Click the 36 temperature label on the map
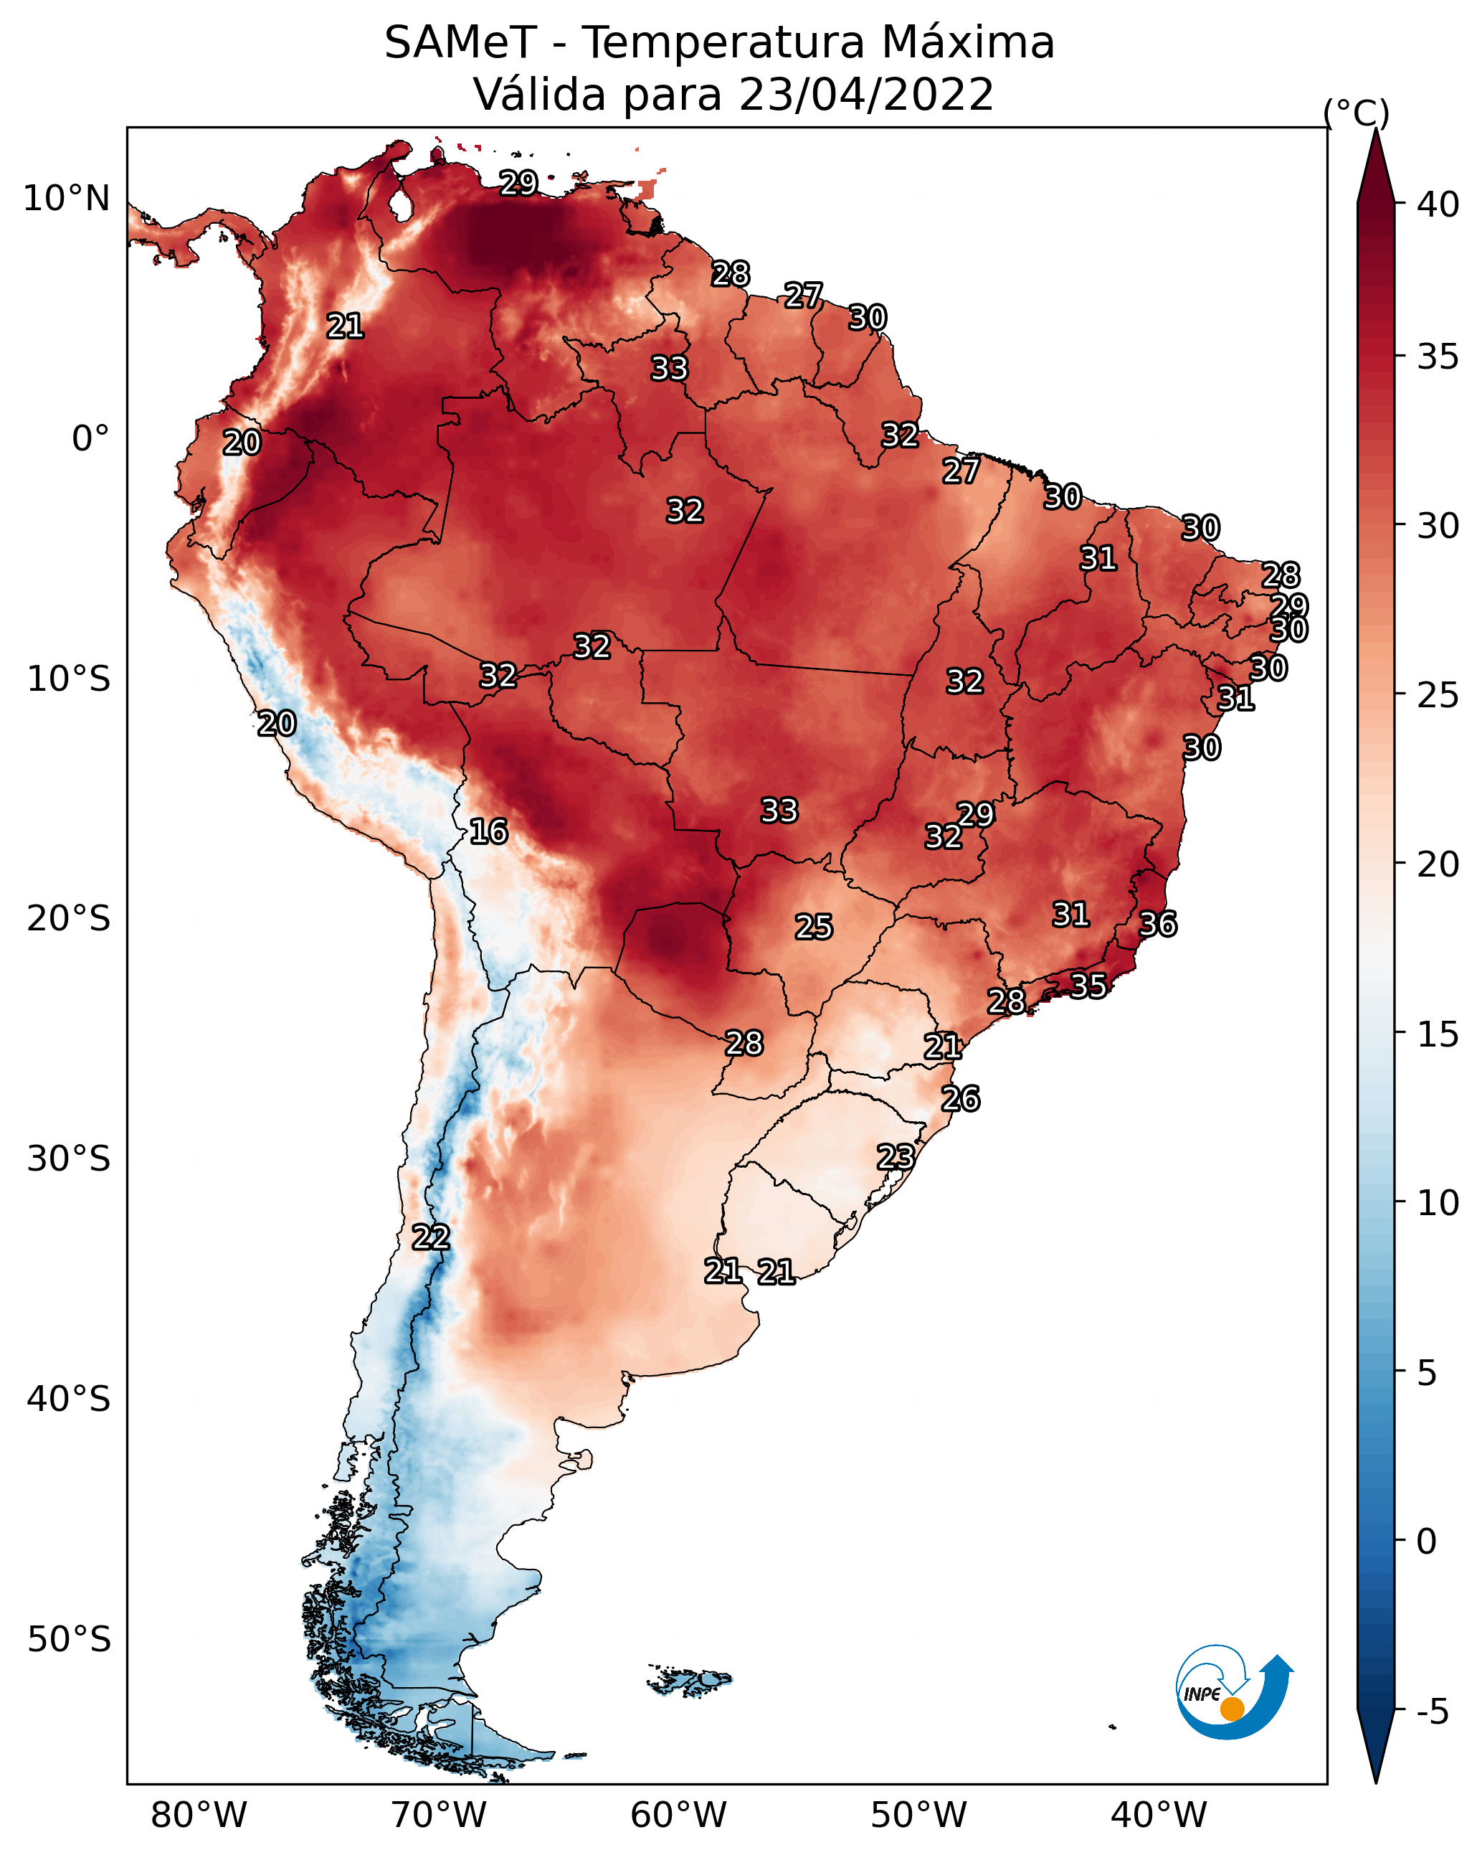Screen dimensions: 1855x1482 click(1158, 924)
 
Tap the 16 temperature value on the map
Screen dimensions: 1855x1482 click(488, 831)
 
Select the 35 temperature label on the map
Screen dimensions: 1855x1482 click(1088, 985)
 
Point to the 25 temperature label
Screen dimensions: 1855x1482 click(814, 927)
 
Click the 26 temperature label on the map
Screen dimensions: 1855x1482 click(961, 1099)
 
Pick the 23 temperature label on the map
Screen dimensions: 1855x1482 click(896, 1156)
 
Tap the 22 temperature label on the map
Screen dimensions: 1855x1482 click(431, 1237)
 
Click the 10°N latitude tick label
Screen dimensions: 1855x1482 click(66, 199)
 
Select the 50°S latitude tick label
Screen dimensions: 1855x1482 click(69, 1640)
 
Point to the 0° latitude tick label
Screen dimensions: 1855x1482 click(90, 439)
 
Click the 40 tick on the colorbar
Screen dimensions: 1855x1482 click(1438, 204)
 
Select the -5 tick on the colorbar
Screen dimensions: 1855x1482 click(1432, 1712)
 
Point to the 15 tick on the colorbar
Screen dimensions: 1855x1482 click(1438, 1034)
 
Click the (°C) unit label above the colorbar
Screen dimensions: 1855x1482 click(1357, 113)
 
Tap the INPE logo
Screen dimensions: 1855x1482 click(1233, 1691)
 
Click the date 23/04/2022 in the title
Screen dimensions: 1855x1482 click(866, 95)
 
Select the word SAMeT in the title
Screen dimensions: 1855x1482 click(460, 43)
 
